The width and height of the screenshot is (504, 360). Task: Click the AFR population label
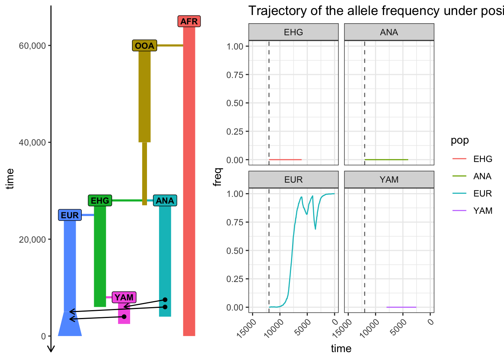tap(189, 21)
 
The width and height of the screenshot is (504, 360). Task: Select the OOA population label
tap(144, 45)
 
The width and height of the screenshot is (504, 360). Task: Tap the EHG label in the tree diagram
tap(100, 200)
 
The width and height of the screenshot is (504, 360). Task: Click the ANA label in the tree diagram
tap(165, 200)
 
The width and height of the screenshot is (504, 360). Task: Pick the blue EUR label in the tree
tap(70, 215)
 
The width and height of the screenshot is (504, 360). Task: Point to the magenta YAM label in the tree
tap(124, 297)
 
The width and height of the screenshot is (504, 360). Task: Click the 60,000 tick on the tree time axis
tap(32, 46)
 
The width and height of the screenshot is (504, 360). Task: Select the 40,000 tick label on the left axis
tap(32, 142)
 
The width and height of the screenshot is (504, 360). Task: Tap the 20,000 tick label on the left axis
tap(32, 239)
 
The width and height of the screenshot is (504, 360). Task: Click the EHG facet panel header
tap(293, 32)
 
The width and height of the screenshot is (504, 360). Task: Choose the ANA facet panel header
tap(389, 32)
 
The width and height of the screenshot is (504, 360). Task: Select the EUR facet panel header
tap(293, 179)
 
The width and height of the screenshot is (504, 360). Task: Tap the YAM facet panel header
tap(389, 179)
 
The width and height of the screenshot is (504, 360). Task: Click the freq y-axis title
tap(217, 177)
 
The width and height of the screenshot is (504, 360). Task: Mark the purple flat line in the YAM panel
tap(401, 307)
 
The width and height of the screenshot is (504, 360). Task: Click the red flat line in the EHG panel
tap(285, 159)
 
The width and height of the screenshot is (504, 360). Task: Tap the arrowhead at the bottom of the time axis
tap(51, 349)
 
